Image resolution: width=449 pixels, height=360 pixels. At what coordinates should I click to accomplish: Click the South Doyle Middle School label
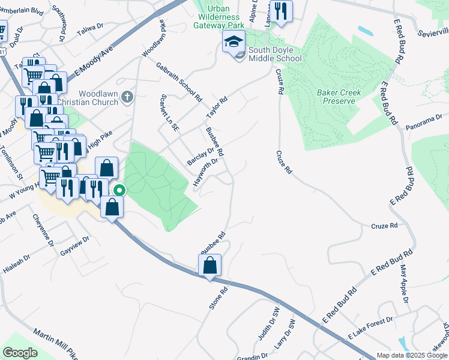pos(275,53)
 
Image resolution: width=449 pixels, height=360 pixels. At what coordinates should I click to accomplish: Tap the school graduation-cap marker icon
pos(234,41)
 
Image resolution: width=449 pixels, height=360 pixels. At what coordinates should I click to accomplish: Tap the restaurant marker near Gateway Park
pos(280,10)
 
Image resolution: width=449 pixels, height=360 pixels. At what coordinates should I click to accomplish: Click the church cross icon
pos(127,96)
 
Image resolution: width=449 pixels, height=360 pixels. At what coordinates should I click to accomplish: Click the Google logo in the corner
pos(20,353)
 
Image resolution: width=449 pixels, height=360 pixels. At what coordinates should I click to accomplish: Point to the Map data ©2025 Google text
pos(411,355)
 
